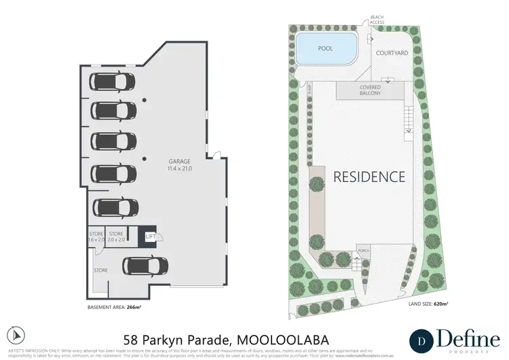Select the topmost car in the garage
tap(113, 82)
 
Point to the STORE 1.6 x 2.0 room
tap(95, 236)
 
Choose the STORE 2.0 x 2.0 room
tap(116, 236)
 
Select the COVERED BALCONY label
tap(370, 90)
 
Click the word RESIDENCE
tap(369, 177)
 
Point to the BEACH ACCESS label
tap(377, 20)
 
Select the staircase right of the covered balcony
tap(409, 120)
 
